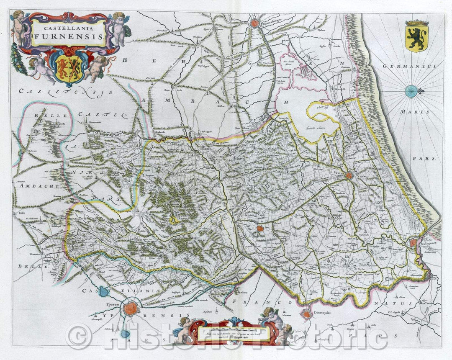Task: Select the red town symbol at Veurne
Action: tap(349, 176)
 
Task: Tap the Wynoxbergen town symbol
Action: tap(254, 24)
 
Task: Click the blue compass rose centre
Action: tap(411, 91)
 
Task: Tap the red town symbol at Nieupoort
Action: tap(413, 242)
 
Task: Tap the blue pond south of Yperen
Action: tap(125, 334)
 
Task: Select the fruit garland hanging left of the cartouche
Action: tap(19, 59)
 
